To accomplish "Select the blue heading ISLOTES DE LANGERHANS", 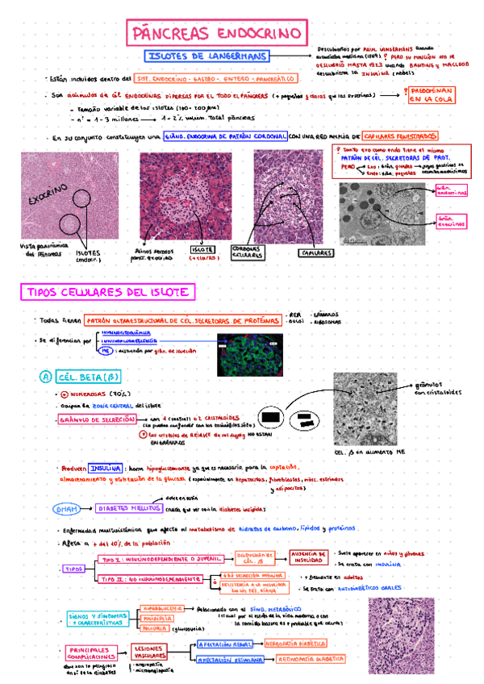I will pos(207,56).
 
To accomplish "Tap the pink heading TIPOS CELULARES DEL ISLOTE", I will pos(109,291).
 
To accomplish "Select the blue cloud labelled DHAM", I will pos(67,510).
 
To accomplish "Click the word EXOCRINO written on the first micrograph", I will pos(48,196).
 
